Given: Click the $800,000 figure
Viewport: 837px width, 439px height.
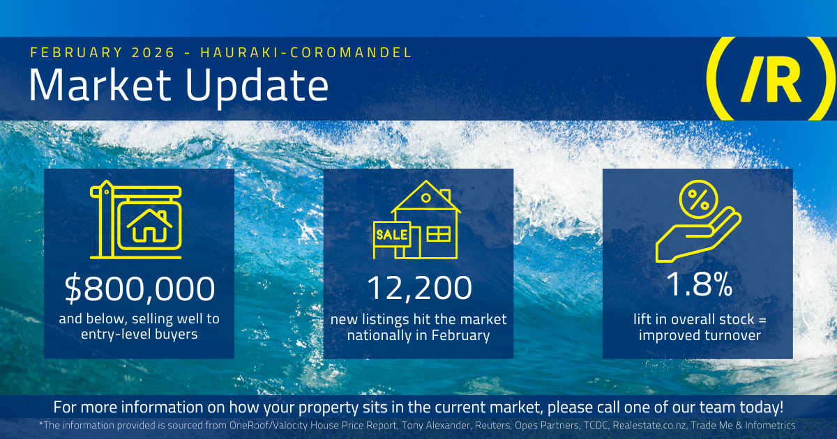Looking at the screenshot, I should (139, 289).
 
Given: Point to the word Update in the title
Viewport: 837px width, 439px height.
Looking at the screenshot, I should (255, 86).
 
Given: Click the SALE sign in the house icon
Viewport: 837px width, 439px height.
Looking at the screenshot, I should (391, 235).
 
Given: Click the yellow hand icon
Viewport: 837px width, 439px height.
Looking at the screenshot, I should (696, 237).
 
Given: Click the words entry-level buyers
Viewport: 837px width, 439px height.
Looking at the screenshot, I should (139, 335).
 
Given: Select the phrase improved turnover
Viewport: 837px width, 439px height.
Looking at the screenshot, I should (697, 335).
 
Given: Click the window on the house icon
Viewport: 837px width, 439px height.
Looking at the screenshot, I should (439, 234).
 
